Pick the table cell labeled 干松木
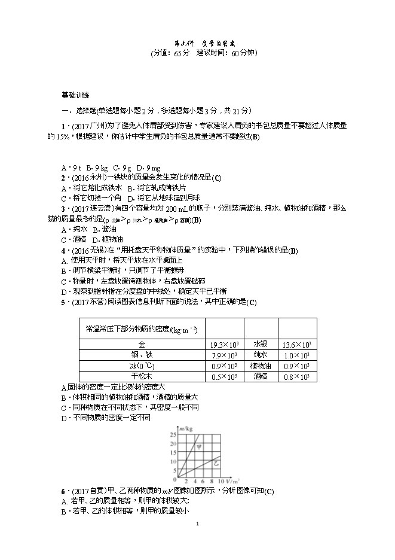142,376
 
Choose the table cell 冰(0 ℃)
142,366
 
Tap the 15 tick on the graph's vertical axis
173,452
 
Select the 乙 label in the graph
216,464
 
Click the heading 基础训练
75,95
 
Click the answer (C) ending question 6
268,491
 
